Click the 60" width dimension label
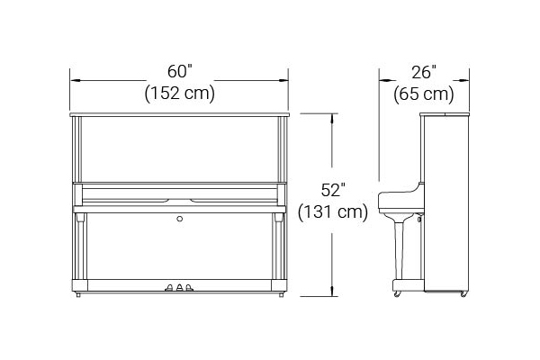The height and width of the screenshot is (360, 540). (179, 72)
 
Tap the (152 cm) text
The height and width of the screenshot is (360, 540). (180, 93)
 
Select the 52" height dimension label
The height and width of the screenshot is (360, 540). (333, 190)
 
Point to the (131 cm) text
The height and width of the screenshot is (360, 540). (333, 211)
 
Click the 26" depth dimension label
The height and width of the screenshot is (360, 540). (424, 72)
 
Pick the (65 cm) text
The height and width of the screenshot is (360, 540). (424, 94)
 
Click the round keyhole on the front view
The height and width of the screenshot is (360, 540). (179, 219)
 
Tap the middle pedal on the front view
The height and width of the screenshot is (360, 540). (179, 287)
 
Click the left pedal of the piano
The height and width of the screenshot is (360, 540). (169, 288)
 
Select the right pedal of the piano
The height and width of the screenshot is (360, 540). (189, 288)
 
